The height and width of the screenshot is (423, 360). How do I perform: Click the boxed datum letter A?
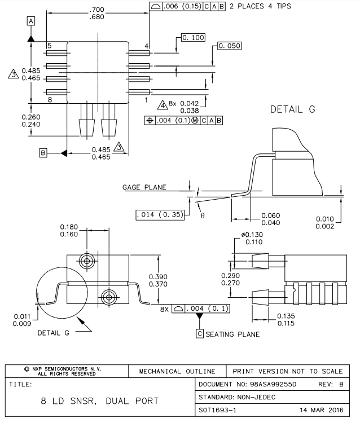[31, 20]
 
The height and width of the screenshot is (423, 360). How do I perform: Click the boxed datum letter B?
[43, 152]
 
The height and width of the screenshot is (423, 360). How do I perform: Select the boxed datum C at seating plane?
[200, 334]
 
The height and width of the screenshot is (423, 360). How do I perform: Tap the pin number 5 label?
[50, 46]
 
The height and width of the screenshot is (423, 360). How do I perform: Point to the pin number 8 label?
[50, 100]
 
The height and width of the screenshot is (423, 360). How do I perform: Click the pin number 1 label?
[146, 100]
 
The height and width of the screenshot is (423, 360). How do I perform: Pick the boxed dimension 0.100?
[192, 37]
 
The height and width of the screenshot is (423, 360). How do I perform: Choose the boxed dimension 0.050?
[230, 46]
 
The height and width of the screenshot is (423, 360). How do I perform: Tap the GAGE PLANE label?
[144, 188]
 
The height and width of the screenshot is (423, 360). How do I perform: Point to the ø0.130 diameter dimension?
[252, 235]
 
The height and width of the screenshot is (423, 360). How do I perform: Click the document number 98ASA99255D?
[265, 384]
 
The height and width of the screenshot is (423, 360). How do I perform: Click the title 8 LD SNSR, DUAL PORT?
[100, 402]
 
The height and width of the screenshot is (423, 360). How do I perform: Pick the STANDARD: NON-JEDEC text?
[236, 396]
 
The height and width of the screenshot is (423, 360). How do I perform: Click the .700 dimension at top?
[98, 10]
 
